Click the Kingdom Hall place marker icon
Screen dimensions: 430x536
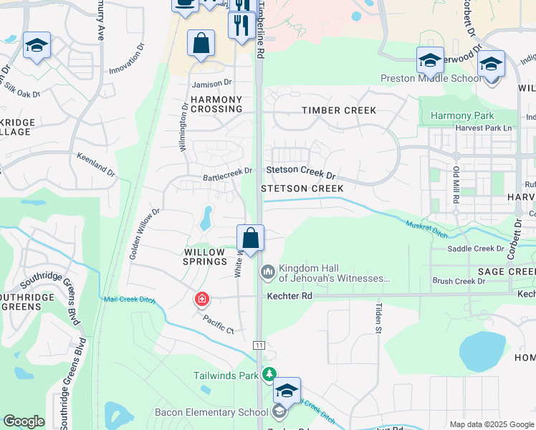tap(268, 271)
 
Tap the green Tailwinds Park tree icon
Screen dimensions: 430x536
tap(269, 374)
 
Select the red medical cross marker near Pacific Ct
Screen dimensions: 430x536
tap(203, 298)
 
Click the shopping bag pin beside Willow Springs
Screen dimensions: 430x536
tap(250, 239)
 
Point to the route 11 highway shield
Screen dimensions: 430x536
tap(259, 345)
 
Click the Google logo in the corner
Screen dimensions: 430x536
tap(24, 421)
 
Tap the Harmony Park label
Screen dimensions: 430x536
tap(461, 115)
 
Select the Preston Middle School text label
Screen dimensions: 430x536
tap(431, 79)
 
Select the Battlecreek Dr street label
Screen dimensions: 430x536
tap(228, 171)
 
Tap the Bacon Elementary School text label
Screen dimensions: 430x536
tap(211, 412)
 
